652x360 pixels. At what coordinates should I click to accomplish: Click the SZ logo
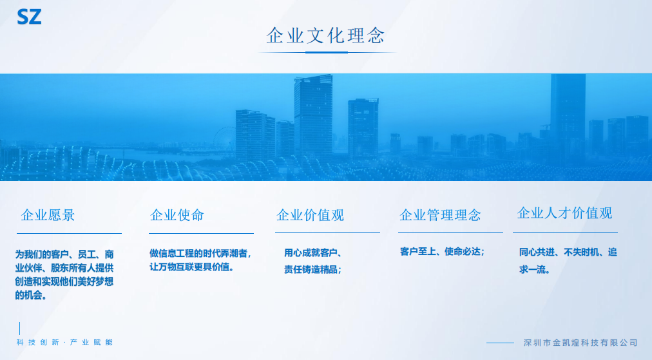[x=29, y=17]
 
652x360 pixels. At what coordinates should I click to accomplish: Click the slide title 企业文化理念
[x=325, y=36]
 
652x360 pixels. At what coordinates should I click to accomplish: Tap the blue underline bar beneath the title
[x=327, y=52]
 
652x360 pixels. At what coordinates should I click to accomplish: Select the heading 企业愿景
[x=48, y=215]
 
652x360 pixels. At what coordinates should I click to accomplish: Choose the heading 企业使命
[x=177, y=215]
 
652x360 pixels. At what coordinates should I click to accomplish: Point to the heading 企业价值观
[x=310, y=215]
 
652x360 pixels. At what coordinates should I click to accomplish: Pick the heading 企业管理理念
[x=440, y=215]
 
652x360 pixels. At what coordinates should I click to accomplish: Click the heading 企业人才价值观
[x=564, y=213]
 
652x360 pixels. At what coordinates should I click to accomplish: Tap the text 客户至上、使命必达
[x=441, y=252]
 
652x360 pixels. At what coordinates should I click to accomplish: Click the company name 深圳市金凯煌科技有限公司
[x=580, y=343]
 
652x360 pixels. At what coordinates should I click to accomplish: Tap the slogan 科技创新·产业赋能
[x=64, y=342]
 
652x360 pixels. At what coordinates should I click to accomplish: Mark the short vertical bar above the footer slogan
[x=19, y=328]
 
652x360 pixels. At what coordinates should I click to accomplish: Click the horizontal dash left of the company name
[x=500, y=343]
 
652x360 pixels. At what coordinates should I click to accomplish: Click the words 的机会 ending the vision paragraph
[x=28, y=296]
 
